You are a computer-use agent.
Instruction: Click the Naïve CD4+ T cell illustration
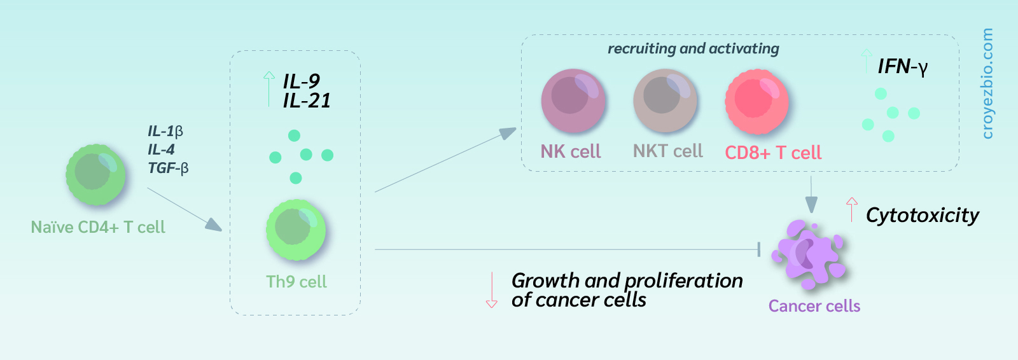pos(96,174)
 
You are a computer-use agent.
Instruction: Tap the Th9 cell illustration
pos(296,230)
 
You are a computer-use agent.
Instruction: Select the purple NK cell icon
pos(573,100)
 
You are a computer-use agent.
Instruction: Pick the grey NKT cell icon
pos(665,100)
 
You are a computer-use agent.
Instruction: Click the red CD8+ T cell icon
pos(757,101)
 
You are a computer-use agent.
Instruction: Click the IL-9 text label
pos(302,81)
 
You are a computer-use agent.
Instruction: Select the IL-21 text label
pos(307,100)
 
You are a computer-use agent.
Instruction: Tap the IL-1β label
pos(165,132)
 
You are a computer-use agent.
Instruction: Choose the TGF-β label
pos(168,168)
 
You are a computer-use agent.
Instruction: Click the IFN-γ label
pos(903,67)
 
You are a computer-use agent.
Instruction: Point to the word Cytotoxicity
pos(923,215)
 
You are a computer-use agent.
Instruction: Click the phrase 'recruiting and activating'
pos(694,48)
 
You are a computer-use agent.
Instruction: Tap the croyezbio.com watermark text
pos(987,83)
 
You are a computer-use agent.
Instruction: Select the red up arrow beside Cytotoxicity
pos(852,209)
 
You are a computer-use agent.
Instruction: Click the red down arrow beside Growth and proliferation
pos(491,290)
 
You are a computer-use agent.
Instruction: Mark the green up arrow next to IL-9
pos(269,89)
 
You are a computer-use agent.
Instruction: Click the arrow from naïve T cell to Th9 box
pos(185,209)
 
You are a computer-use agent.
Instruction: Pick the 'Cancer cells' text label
pos(814,306)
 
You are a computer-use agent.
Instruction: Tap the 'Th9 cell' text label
pos(296,282)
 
